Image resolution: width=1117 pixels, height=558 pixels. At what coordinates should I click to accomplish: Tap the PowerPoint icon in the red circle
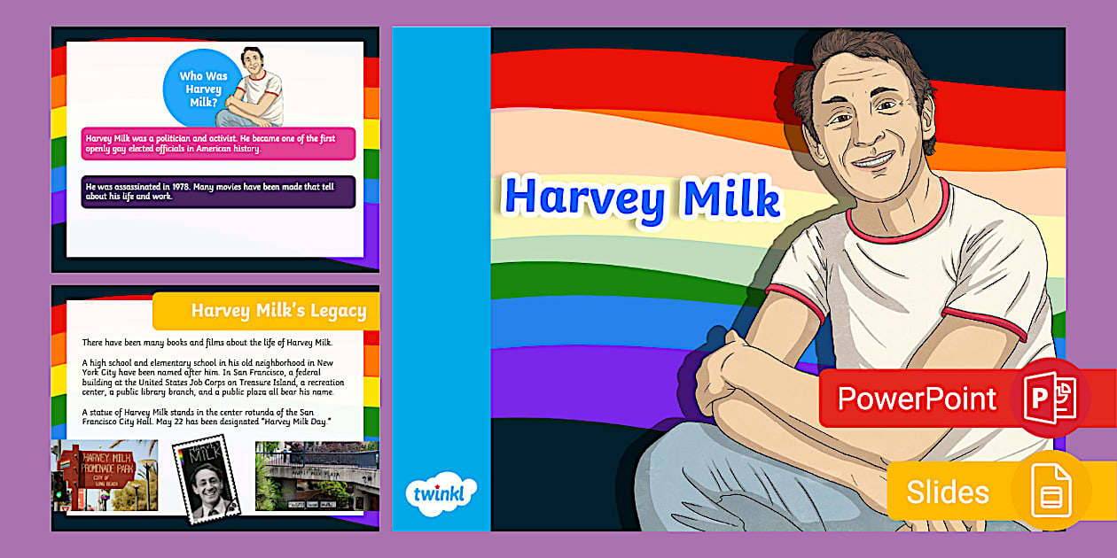1050,399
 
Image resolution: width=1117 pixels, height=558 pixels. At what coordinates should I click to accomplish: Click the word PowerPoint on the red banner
917,399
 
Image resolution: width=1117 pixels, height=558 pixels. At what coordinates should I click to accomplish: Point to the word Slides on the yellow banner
948,492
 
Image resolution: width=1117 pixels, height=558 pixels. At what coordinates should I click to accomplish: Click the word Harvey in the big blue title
584,198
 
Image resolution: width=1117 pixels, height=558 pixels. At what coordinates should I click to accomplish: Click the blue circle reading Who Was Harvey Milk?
203,89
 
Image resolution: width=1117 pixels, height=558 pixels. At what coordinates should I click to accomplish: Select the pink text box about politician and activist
218,143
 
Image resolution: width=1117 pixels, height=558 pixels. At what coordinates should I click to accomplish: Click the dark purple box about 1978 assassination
218,191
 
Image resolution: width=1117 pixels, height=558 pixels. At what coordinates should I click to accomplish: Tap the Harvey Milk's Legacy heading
277,311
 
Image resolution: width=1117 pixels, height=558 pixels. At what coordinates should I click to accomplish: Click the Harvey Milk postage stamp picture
209,477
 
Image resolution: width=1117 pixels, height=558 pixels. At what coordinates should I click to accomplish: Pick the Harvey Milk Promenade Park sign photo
105,476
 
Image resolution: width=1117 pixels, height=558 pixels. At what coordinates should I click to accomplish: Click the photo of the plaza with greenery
316,476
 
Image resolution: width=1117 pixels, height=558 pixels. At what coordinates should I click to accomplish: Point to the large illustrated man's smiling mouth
872,161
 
